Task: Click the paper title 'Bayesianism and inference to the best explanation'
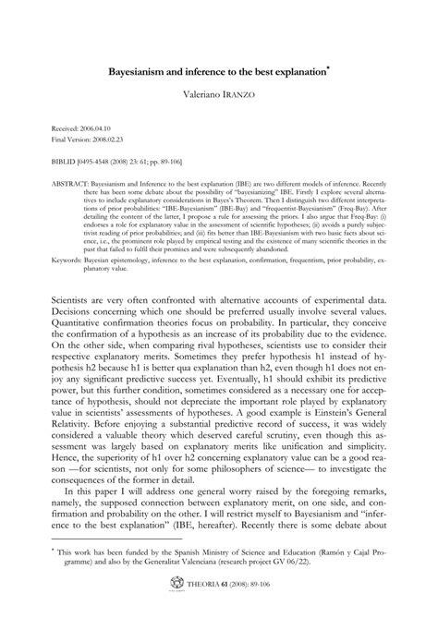[217, 70]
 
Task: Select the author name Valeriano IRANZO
[220, 93]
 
